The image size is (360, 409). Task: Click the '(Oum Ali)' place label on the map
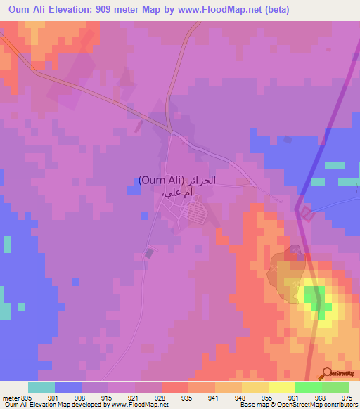click(161, 180)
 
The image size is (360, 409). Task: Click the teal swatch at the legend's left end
click(41, 387)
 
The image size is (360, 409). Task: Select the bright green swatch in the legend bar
click(309, 387)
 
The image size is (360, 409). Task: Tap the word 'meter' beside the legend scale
click(10, 398)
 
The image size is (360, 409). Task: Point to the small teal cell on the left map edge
click(6, 244)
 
